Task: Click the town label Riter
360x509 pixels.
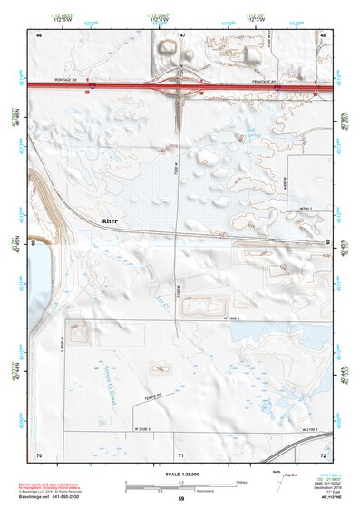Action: point(111,220)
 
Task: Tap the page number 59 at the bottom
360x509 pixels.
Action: point(180,499)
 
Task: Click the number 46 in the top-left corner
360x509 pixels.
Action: point(39,34)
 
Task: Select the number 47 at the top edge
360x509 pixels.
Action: point(182,34)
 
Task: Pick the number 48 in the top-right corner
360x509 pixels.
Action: point(323,34)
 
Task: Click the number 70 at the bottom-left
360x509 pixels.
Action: point(39,454)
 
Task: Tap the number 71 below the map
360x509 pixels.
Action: point(180,454)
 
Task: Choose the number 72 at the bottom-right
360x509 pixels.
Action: point(323,454)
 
